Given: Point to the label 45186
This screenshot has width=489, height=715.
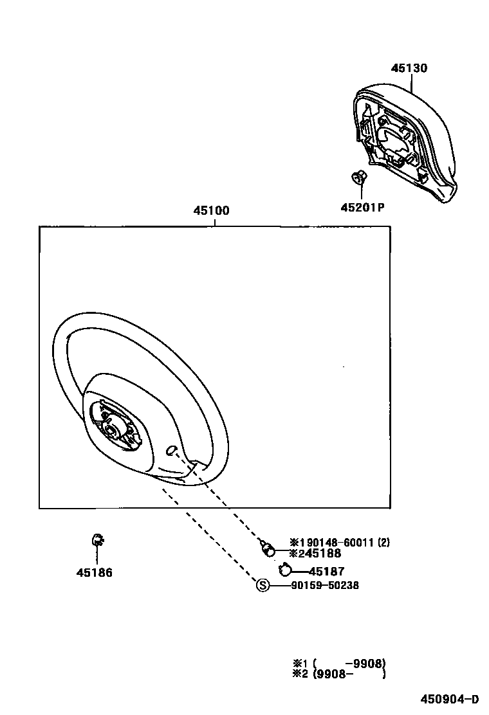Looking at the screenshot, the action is click(x=94, y=572).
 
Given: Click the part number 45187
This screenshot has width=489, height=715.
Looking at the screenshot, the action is click(x=326, y=571).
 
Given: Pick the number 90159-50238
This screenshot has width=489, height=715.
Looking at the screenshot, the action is click(x=324, y=585).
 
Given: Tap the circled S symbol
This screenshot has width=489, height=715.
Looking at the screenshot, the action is click(x=262, y=585).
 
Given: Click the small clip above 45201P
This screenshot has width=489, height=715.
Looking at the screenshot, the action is click(x=359, y=177).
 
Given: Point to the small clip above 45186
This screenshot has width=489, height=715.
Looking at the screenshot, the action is click(x=97, y=541).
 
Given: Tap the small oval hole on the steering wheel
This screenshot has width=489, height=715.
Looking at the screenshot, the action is click(x=172, y=451).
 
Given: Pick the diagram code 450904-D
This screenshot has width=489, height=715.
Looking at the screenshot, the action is click(x=450, y=700).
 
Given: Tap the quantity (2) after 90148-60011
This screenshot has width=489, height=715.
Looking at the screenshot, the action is click(x=383, y=543).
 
